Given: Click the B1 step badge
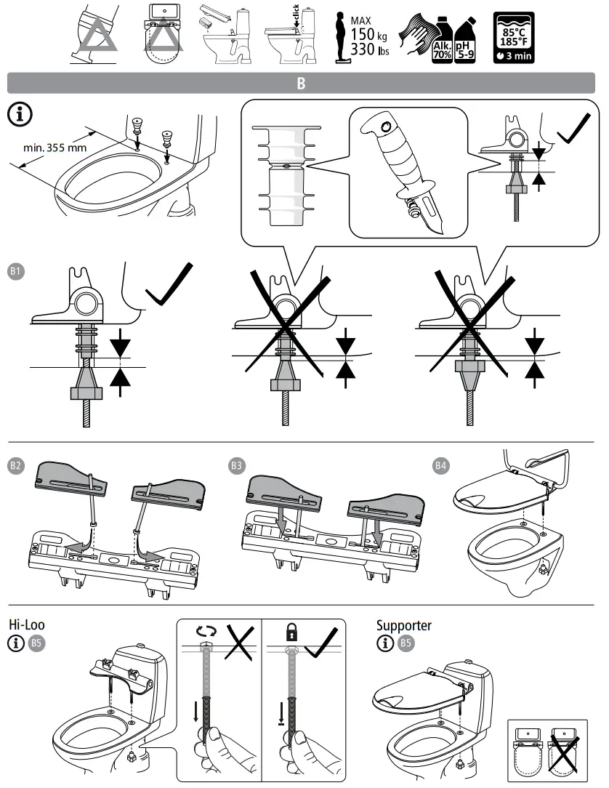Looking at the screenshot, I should pyautogui.click(x=16, y=272).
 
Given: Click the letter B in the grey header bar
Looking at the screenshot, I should pyautogui.click(x=302, y=83).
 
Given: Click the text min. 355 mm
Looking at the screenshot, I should pyautogui.click(x=52, y=148).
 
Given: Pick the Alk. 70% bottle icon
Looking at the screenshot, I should pyautogui.click(x=443, y=43).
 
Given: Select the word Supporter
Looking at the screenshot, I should pyautogui.click(x=403, y=625).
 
